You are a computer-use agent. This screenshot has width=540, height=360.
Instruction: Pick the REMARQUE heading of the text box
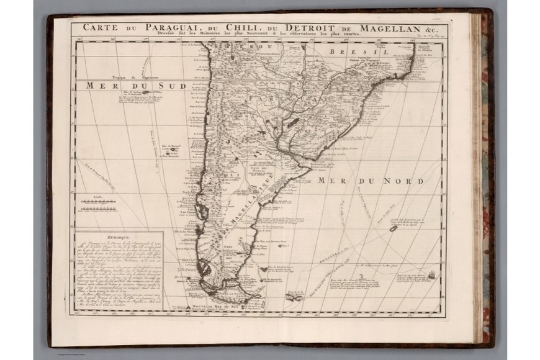[102, 238]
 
